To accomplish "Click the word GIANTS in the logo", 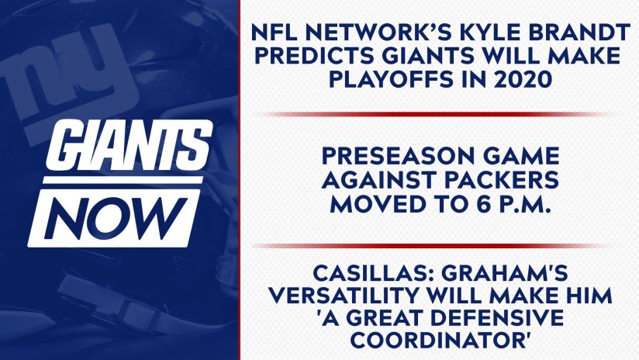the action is coord(130,145).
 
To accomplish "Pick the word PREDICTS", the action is coord(314,56).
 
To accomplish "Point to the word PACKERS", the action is coord(501,180).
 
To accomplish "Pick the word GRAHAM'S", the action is coord(505,273).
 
